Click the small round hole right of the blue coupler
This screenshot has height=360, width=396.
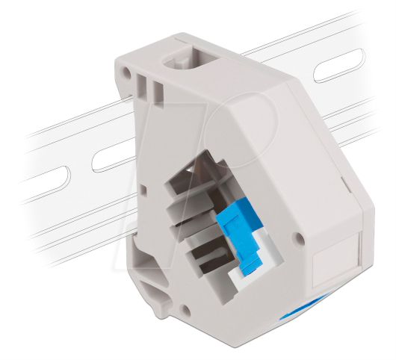pos(300,240)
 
